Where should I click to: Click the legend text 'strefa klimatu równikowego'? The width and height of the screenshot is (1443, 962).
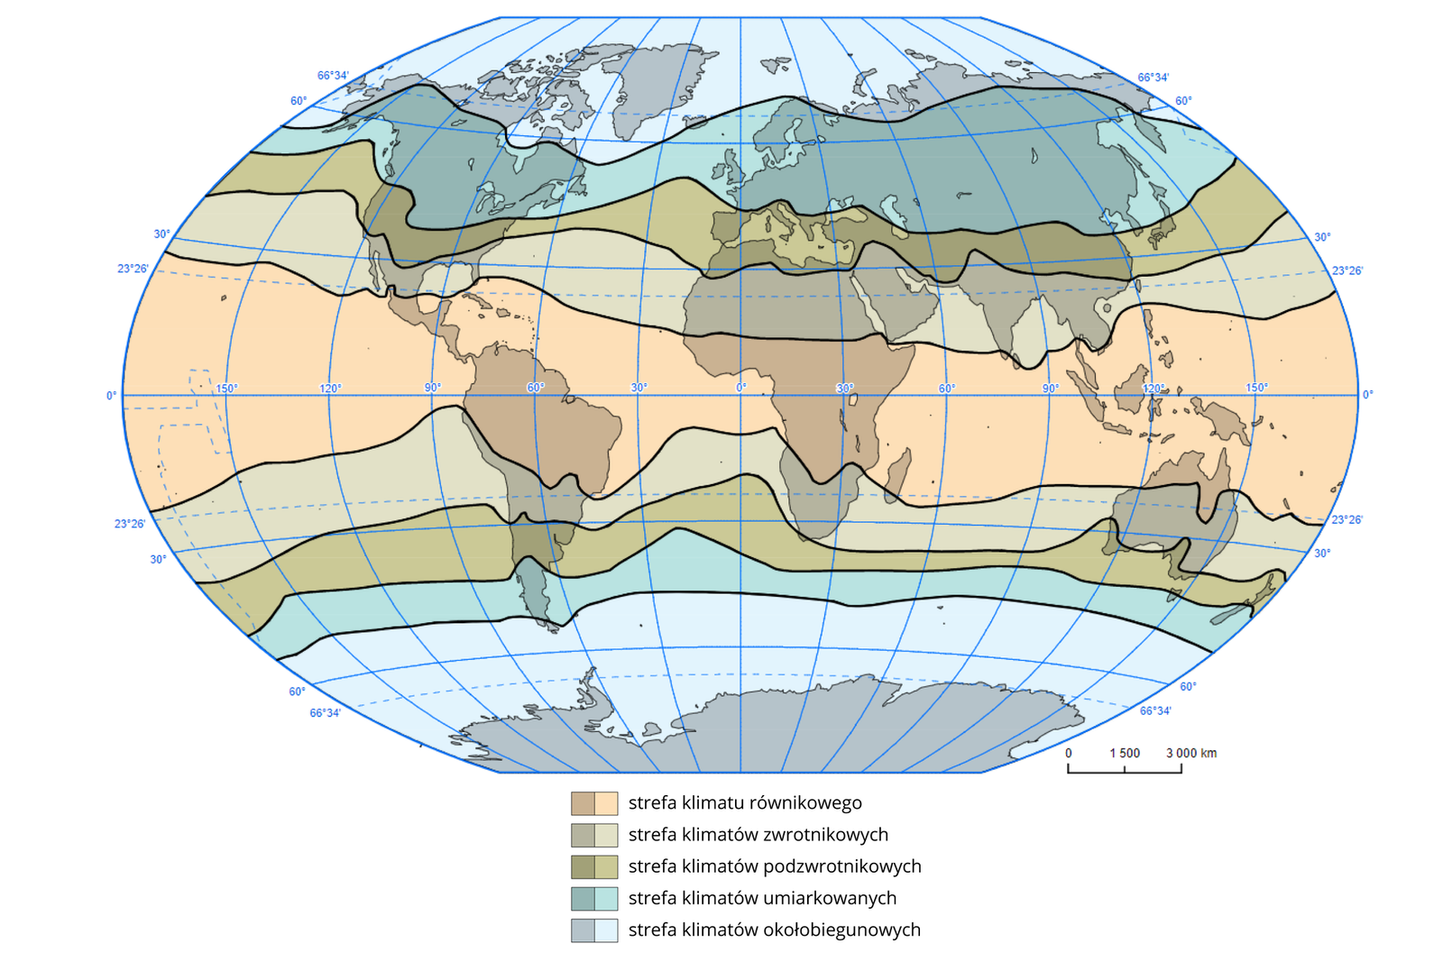(x=745, y=802)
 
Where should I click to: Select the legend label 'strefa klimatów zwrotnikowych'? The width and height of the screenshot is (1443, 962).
(x=758, y=835)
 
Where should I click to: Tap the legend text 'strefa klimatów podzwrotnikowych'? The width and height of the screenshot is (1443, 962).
(x=775, y=866)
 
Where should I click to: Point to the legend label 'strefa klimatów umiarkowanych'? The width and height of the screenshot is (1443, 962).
(x=762, y=898)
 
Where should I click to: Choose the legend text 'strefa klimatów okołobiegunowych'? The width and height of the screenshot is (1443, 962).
(x=775, y=930)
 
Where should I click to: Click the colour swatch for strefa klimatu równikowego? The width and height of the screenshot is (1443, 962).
(x=594, y=802)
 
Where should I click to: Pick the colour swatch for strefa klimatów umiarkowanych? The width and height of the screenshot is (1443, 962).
(x=594, y=898)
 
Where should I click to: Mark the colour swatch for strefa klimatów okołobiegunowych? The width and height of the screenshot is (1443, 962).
(x=594, y=930)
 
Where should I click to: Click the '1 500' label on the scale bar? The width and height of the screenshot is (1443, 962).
(x=1125, y=753)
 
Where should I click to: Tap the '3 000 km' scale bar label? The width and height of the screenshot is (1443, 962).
(x=1191, y=753)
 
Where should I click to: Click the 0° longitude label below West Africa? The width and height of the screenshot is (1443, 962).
(x=741, y=388)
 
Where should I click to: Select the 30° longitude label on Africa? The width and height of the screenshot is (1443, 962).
(x=844, y=388)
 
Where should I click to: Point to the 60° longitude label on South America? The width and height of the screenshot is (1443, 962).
(x=536, y=388)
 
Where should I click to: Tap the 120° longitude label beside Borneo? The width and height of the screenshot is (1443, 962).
(x=1153, y=388)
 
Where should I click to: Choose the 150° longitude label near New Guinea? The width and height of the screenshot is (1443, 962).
(x=1256, y=388)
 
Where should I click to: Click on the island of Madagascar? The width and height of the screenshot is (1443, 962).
(x=898, y=474)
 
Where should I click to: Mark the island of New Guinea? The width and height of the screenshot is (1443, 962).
(x=1225, y=422)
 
